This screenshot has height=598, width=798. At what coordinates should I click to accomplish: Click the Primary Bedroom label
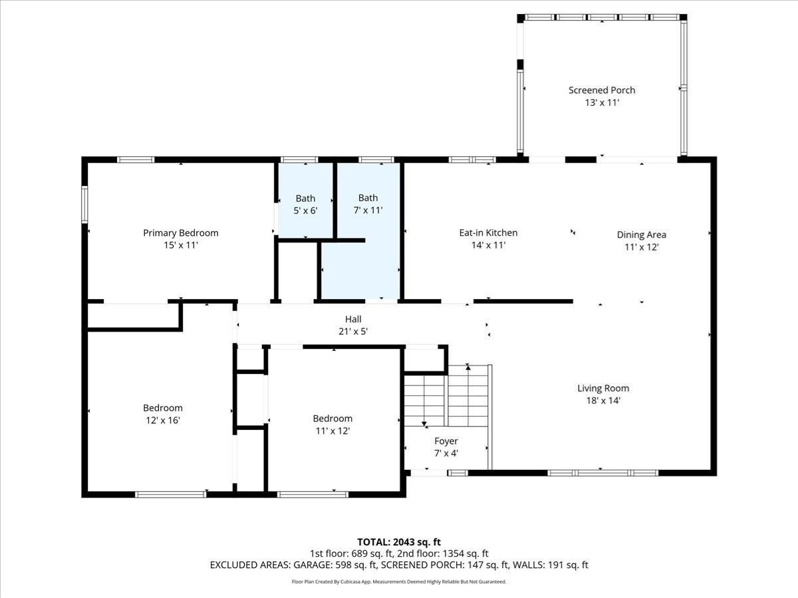click(180, 233)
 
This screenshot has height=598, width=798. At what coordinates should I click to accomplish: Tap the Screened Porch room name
click(601, 90)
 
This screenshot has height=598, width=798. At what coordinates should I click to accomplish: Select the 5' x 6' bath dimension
click(305, 211)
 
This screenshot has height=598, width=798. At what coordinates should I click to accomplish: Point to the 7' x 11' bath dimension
click(368, 210)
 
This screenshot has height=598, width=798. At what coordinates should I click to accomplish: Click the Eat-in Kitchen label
click(488, 233)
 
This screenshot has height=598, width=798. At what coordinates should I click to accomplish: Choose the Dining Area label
click(641, 235)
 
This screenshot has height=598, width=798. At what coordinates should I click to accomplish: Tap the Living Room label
click(602, 388)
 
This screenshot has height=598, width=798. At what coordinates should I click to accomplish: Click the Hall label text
click(352, 319)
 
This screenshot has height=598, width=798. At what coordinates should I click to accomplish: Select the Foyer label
click(446, 441)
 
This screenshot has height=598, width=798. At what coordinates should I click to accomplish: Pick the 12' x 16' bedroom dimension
click(162, 420)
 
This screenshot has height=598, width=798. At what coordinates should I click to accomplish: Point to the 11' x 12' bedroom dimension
click(332, 431)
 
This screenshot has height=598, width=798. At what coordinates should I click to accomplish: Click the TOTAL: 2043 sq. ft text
click(398, 542)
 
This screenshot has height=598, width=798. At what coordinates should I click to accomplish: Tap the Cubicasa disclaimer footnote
click(398, 581)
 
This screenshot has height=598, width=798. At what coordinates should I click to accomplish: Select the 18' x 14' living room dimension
click(602, 401)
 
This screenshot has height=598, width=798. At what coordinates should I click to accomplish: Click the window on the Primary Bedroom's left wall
click(84, 204)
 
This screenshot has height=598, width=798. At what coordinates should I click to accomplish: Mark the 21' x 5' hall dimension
click(352, 331)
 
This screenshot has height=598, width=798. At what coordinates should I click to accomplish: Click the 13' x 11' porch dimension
click(601, 103)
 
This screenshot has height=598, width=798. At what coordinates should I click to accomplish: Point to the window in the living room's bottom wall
click(602, 473)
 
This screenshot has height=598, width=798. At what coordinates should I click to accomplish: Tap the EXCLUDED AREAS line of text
click(398, 565)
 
